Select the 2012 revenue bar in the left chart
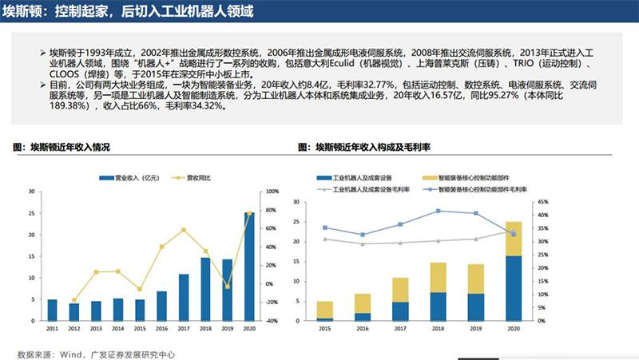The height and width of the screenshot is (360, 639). tap(74, 312)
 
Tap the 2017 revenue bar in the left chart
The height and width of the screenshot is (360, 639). tap(183, 298)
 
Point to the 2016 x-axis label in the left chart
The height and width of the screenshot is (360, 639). tap(161, 328)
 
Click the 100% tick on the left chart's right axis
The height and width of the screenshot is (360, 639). tap(272, 192)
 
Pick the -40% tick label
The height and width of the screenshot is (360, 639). tap(272, 321)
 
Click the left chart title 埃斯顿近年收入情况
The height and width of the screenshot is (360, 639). tap(68, 148)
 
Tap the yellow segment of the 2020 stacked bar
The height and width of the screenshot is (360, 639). tap(514, 238)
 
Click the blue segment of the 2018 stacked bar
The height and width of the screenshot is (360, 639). tap(439, 307)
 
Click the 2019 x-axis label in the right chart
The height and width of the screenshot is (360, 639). tap(476, 328)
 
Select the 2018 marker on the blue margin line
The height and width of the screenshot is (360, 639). tap(439, 211)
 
